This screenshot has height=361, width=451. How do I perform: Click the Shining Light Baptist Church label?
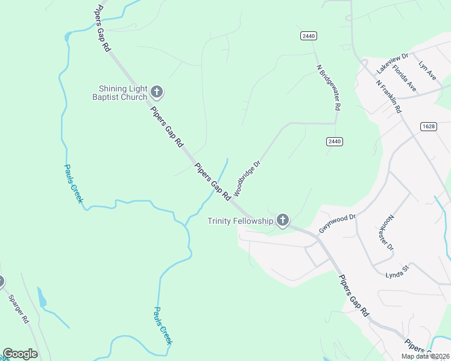pyautogui.click(x=119, y=93)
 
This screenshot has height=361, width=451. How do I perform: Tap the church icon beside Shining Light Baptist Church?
pyautogui.click(x=157, y=92)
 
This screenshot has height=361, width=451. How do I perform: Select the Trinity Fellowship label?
pyautogui.click(x=240, y=221)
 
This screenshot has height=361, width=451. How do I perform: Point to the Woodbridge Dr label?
pyautogui.click(x=247, y=178)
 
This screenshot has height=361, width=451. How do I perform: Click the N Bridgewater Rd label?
pyautogui.click(x=329, y=87)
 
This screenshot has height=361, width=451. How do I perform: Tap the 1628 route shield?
pyautogui.click(x=429, y=126)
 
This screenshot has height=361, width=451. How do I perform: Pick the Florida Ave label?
pyautogui.click(x=405, y=78)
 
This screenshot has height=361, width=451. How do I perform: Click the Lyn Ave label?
pyautogui.click(x=427, y=70)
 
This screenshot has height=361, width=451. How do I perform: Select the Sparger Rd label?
pyautogui.click(x=18, y=309)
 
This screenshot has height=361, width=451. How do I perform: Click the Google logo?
pyautogui.click(x=20, y=354)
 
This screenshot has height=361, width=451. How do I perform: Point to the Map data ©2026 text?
pyautogui.click(x=424, y=356)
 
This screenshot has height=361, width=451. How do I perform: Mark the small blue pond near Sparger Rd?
pyautogui.click(x=42, y=298)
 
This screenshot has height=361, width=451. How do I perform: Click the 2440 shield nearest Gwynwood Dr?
pyautogui.click(x=335, y=141)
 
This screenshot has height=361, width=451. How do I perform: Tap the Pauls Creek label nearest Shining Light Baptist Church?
pyautogui.click(x=73, y=184)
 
